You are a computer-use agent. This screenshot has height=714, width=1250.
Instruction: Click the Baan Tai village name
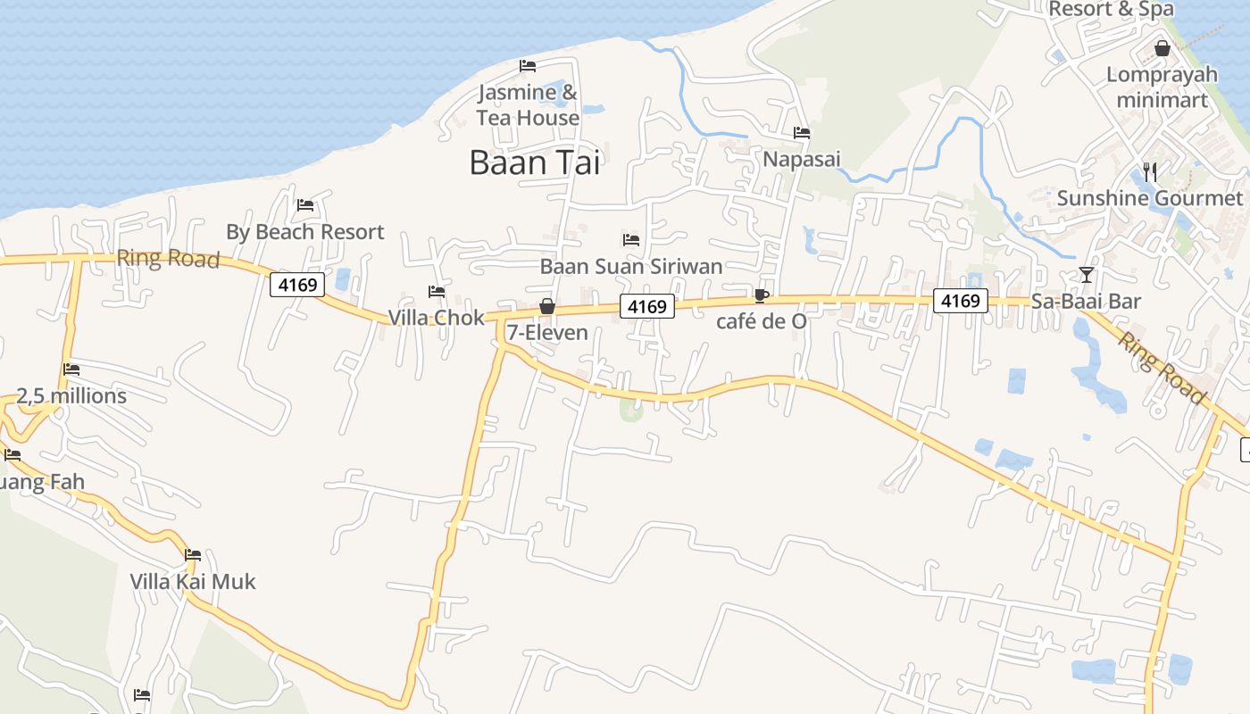click(x=534, y=162)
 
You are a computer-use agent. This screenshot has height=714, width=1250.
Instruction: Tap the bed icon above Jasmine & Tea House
click(x=528, y=66)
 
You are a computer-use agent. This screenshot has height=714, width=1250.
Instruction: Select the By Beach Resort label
click(x=304, y=232)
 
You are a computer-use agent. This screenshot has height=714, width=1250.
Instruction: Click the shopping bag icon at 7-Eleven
click(x=547, y=307)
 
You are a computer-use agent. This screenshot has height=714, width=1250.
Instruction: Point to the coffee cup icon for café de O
click(x=761, y=295)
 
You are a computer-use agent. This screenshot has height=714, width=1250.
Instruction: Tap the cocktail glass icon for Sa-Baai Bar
click(x=1086, y=274)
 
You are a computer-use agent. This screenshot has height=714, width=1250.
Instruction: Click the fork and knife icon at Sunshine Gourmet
click(x=1150, y=171)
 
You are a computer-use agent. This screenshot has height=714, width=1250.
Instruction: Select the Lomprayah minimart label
click(x=1162, y=87)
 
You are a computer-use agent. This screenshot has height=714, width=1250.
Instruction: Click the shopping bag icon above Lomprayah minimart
click(x=1162, y=48)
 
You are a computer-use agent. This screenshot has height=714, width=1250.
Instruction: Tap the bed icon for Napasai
click(x=802, y=133)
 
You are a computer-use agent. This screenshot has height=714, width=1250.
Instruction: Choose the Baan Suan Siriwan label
click(x=631, y=266)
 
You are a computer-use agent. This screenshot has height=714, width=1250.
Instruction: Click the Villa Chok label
click(x=436, y=318)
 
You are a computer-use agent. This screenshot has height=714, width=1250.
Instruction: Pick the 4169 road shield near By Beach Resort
click(x=297, y=285)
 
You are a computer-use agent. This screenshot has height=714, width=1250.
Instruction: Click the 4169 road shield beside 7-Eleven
click(x=647, y=307)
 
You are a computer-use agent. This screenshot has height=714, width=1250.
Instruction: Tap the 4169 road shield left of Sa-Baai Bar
click(x=961, y=301)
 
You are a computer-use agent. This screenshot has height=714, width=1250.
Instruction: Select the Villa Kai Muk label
click(x=193, y=582)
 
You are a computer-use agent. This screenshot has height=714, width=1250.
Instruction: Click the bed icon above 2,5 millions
click(x=71, y=369)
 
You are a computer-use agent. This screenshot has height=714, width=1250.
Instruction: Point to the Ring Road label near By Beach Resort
click(x=168, y=259)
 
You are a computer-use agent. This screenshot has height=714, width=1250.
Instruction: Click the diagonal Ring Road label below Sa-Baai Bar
click(x=1162, y=368)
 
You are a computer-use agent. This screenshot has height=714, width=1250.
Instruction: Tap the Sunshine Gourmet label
click(x=1150, y=198)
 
